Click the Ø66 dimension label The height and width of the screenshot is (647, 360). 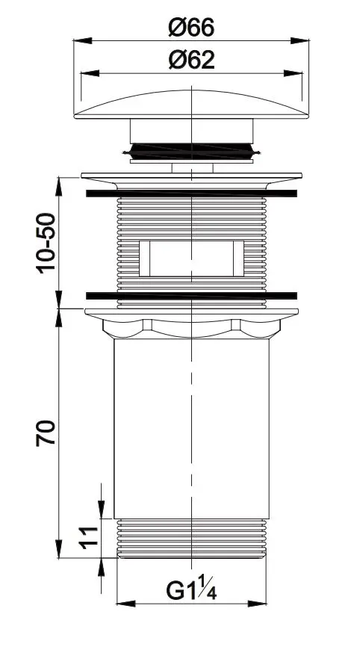[x=191, y=28]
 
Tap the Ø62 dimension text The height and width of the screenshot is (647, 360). [x=191, y=61]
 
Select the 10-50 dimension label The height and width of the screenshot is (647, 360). [x=46, y=243]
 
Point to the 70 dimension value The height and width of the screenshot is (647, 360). [x=46, y=433]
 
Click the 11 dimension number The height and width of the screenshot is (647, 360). [x=90, y=538]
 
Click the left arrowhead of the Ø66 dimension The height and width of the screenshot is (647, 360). [x=82, y=40]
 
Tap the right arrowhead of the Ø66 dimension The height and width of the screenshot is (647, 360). [x=300, y=40]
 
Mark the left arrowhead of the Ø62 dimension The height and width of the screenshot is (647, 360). [x=90, y=73]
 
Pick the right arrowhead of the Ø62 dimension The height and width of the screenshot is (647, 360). [x=293, y=73]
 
